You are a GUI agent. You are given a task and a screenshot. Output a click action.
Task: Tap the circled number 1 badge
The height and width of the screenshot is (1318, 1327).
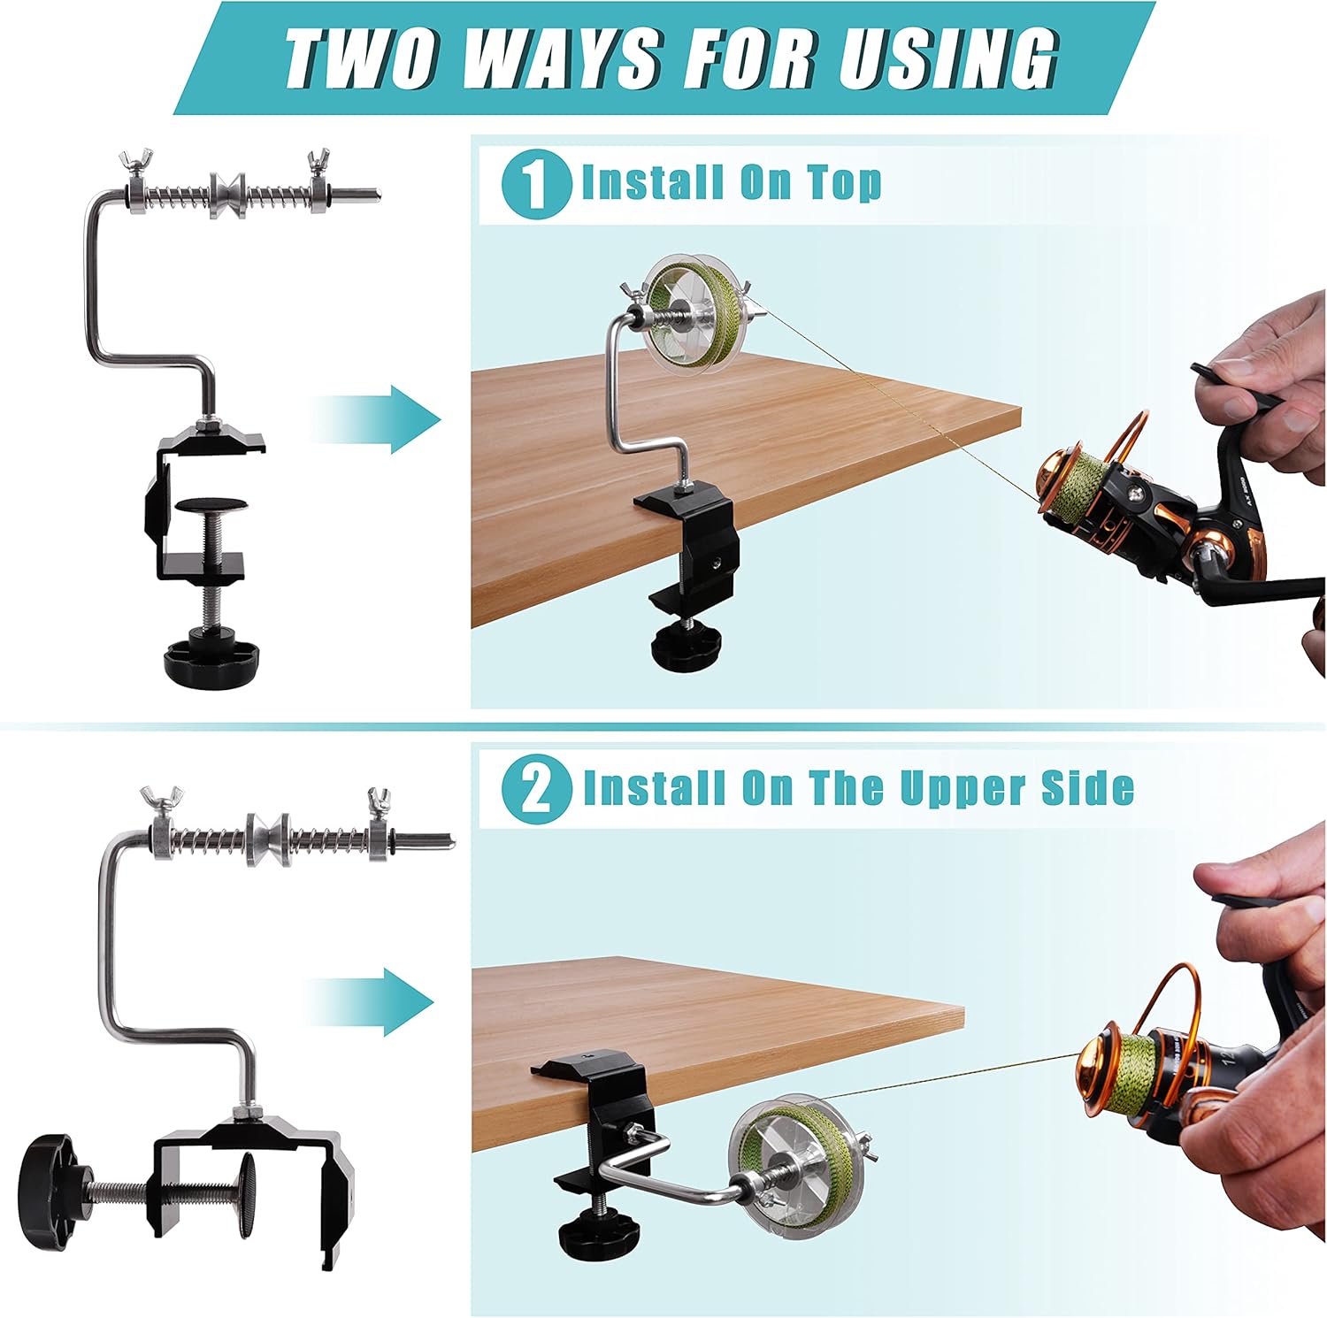pos(535,185)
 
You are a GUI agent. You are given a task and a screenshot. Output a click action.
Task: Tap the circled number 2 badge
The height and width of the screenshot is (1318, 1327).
pos(535,789)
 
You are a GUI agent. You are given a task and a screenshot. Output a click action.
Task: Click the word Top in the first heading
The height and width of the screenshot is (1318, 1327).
pos(844,183)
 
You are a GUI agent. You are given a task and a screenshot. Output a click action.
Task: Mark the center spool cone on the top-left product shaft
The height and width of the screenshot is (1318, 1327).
pos(227,194)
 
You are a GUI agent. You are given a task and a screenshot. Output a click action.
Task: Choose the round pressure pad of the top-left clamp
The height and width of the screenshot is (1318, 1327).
pos(211,506)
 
